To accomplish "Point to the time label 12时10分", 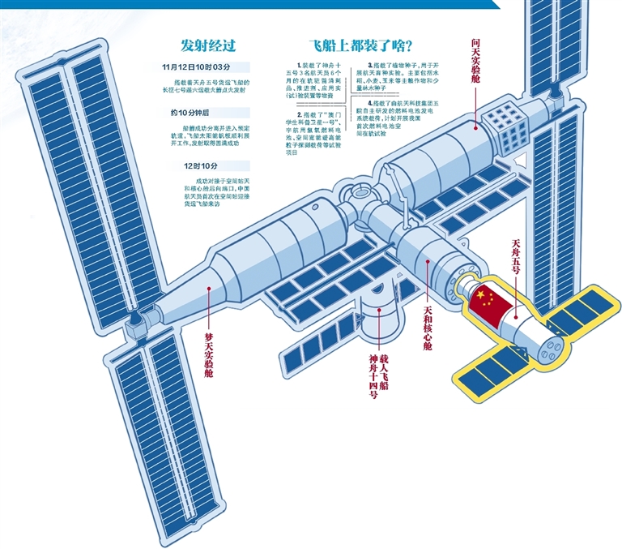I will pyautogui.click(x=195, y=166).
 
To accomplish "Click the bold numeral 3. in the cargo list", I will pyautogui.click(x=369, y=63).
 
